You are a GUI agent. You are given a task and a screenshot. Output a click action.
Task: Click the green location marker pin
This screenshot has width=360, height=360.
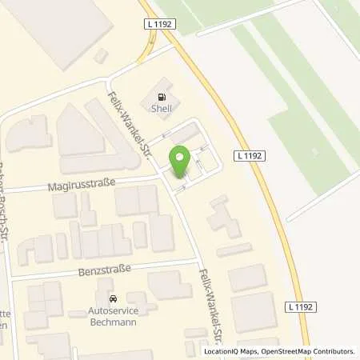(180, 162)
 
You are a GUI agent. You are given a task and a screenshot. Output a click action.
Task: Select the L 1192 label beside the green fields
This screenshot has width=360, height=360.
(250, 156)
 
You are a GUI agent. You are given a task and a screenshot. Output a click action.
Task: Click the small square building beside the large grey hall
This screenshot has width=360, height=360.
(100, 56)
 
